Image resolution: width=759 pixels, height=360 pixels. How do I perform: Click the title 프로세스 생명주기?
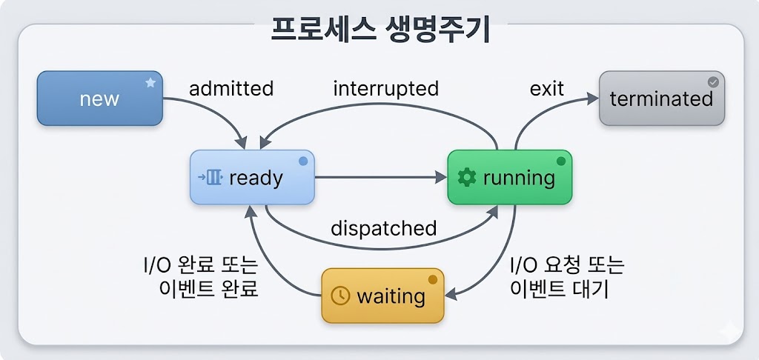(x=379, y=30)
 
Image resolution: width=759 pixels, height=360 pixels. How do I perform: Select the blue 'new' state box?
(x=99, y=98)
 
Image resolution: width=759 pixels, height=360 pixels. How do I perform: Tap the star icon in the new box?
(x=150, y=83)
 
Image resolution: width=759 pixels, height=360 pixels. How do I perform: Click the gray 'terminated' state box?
(x=661, y=98)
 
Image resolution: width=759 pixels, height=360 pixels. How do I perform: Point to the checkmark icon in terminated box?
(x=713, y=82)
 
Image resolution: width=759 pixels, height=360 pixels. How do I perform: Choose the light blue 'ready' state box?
(x=252, y=177)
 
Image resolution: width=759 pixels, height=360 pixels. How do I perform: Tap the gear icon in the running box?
(x=466, y=177)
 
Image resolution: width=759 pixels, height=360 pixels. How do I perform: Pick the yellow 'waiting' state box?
(x=382, y=296)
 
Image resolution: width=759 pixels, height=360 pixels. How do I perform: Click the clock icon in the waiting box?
(x=339, y=296)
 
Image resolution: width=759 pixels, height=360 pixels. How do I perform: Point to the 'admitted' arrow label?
(x=231, y=89)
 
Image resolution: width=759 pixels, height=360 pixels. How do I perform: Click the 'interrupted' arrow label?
(x=385, y=89)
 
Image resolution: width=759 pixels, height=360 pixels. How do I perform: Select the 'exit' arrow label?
(x=547, y=89)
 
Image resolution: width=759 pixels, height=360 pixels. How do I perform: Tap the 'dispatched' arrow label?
(x=383, y=228)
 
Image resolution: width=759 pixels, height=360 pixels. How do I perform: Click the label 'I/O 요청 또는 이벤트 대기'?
(x=567, y=277)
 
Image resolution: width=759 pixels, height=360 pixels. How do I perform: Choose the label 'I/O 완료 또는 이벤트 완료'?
(x=200, y=277)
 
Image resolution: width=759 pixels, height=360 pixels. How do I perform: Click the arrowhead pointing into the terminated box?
(x=592, y=99)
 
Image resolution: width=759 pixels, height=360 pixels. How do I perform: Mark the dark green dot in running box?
(x=561, y=161)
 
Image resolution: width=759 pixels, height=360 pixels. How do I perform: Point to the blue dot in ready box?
(x=302, y=161)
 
